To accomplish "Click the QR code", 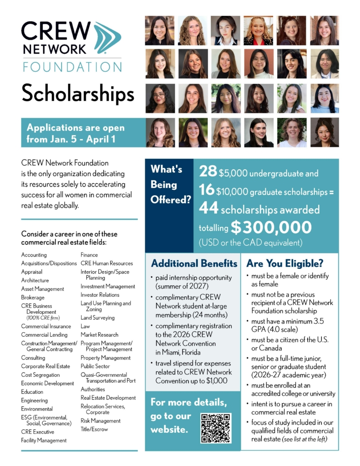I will (x=216, y=428).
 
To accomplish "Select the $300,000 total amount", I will (x=271, y=227).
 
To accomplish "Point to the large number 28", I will (x=208, y=172).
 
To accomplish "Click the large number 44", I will (x=208, y=209).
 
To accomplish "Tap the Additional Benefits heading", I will (x=194, y=263).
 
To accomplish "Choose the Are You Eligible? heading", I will (x=285, y=263).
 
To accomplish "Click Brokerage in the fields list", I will (x=33, y=298).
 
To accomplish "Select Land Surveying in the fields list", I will (x=97, y=318).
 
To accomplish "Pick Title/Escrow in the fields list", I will (x=94, y=429).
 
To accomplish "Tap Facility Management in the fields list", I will (x=44, y=441).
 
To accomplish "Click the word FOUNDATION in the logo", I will (x=72, y=67).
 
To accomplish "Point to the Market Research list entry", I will (x=99, y=334).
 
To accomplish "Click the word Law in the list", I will (x=85, y=326).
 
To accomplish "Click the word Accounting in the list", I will (x=34, y=255).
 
